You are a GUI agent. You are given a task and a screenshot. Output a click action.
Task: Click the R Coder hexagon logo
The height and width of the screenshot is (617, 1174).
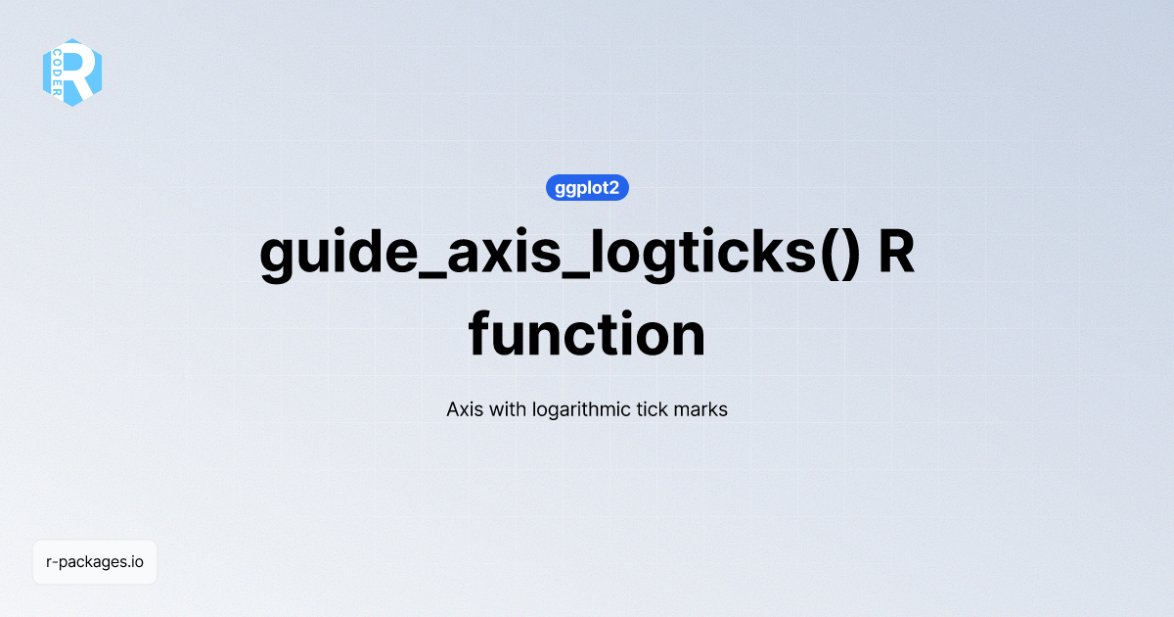[x=72, y=72]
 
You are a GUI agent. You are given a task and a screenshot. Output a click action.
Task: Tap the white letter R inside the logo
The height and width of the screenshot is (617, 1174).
[x=82, y=72]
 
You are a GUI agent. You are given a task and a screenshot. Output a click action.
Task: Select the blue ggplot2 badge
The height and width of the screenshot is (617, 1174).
[x=587, y=188]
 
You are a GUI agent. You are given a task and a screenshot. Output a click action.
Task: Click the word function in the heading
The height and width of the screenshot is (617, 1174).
[x=587, y=335]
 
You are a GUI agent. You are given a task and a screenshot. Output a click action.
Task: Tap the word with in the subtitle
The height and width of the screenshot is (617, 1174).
[x=507, y=409]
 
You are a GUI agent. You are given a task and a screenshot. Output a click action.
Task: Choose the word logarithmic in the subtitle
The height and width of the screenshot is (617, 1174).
[x=587, y=409]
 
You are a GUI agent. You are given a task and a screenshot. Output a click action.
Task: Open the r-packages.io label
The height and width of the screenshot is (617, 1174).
[x=95, y=562]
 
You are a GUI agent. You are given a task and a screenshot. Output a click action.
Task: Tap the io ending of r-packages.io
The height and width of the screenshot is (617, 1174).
[x=138, y=562]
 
